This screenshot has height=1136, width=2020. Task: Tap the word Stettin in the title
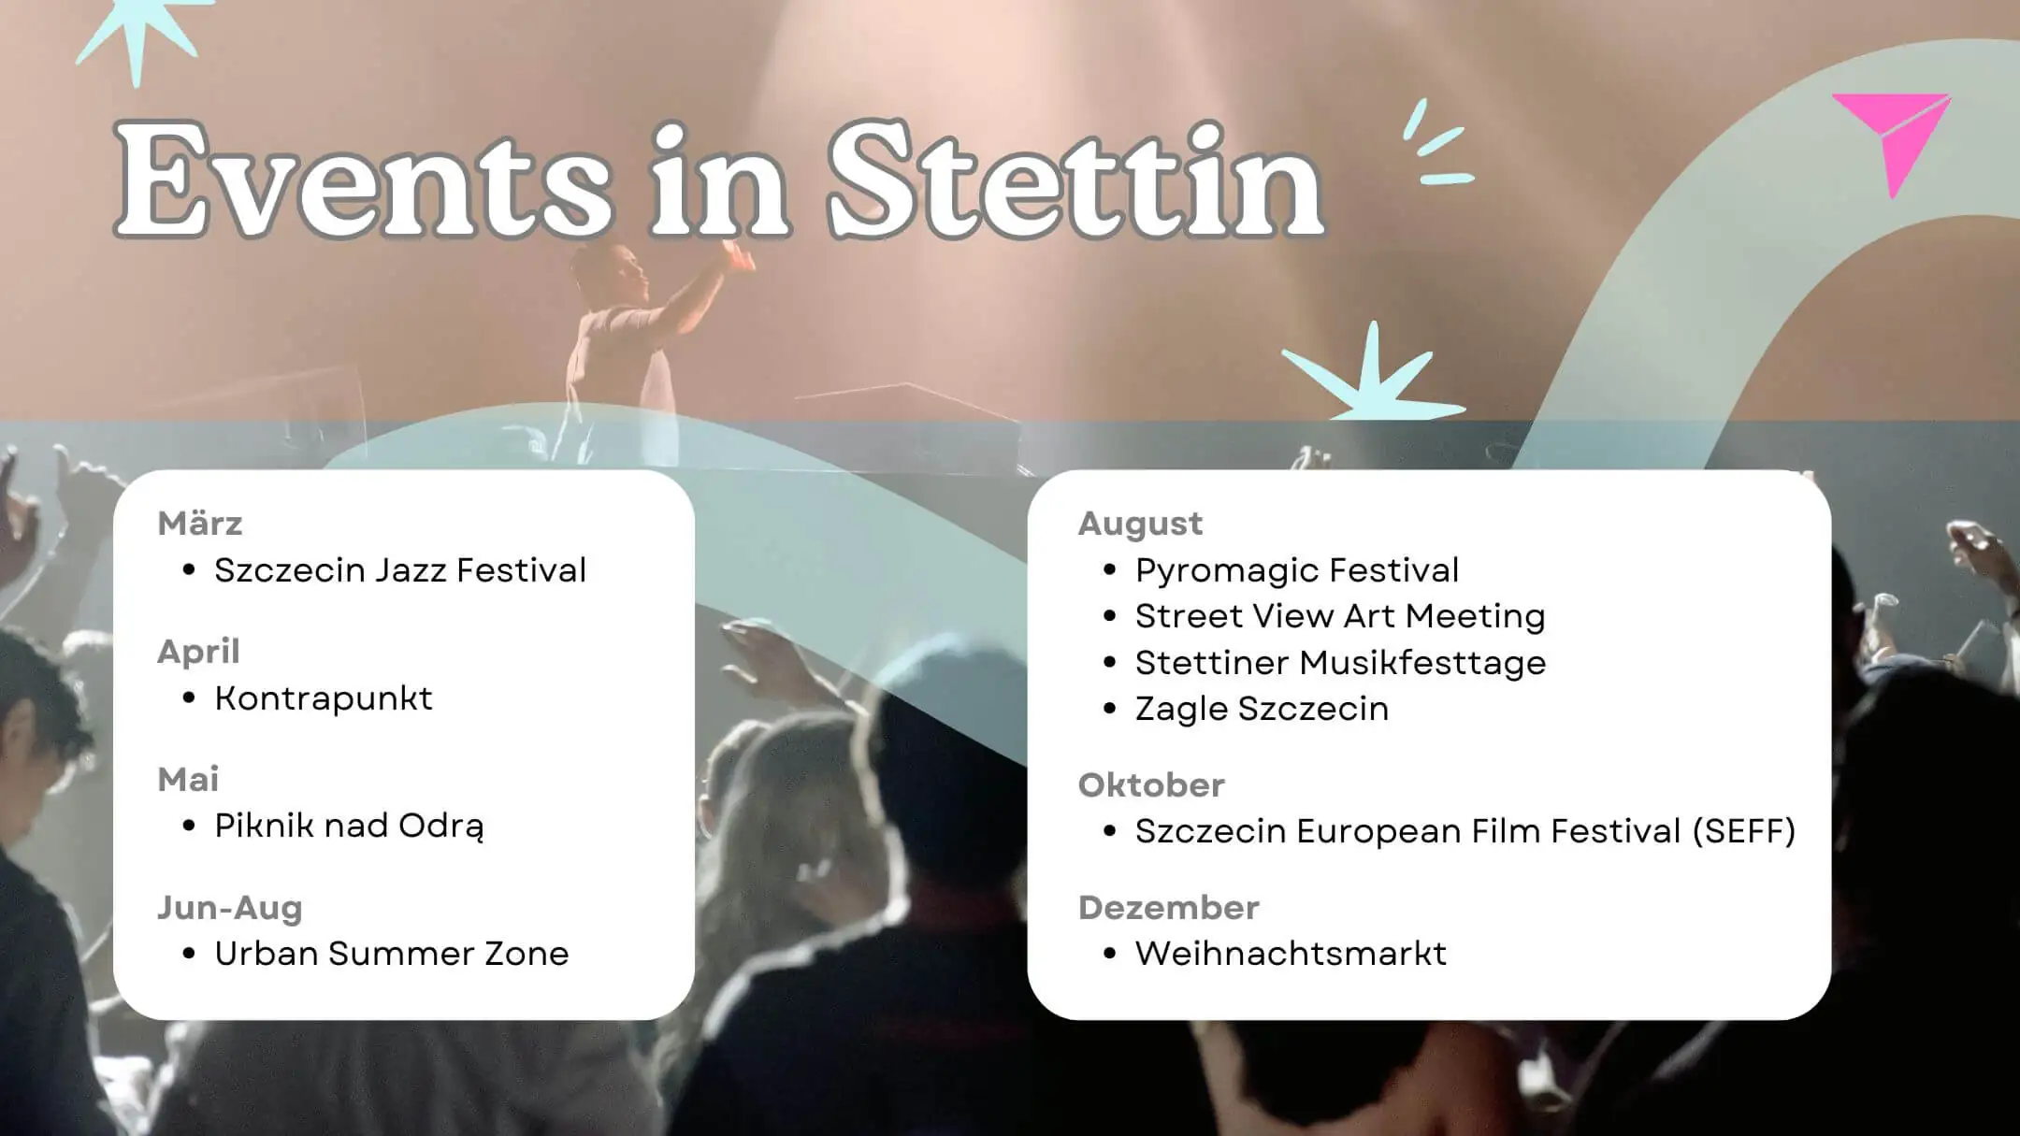click(x=1075, y=182)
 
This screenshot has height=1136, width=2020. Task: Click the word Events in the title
click(x=365, y=182)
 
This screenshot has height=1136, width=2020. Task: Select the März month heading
click(x=200, y=524)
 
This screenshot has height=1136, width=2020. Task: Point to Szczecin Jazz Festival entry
click(x=400, y=570)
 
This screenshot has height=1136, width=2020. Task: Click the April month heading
click(x=198, y=652)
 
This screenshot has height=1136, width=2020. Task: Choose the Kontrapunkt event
click(x=324, y=698)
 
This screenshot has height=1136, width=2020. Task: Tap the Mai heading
click(x=188, y=780)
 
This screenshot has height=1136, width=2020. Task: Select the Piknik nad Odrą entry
click(x=350, y=827)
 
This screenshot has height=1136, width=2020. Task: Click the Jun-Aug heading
click(x=230, y=908)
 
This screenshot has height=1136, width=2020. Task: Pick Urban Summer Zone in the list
click(x=392, y=954)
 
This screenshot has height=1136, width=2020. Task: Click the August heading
click(x=1140, y=524)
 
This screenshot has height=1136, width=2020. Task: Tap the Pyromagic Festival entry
click(x=1297, y=570)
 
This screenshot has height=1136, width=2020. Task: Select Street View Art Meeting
click(x=1340, y=616)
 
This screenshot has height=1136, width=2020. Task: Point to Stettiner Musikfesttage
click(x=1340, y=663)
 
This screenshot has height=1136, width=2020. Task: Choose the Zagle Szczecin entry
click(x=1262, y=709)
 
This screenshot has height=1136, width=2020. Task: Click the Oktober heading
click(x=1151, y=785)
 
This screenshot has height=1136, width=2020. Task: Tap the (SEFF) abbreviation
click(x=1744, y=831)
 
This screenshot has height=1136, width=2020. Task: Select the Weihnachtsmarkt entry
click(x=1291, y=954)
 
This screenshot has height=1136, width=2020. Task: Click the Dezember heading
click(x=1169, y=908)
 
